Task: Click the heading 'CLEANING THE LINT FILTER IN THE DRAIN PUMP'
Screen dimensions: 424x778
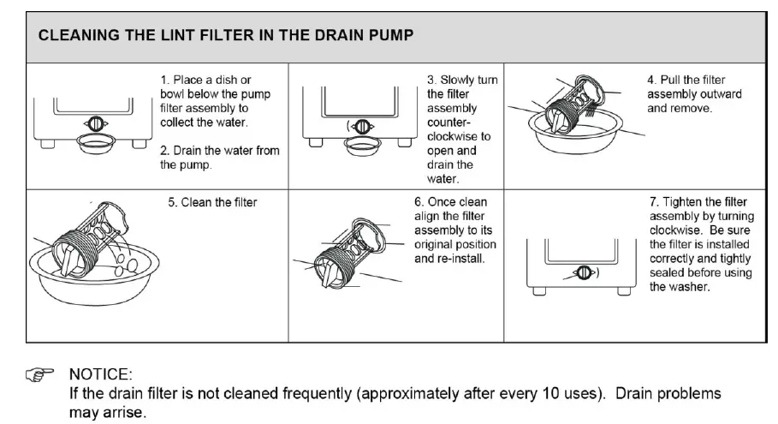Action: (x=227, y=36)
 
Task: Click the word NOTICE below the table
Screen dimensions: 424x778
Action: (x=101, y=374)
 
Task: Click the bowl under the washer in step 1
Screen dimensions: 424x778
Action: (x=98, y=141)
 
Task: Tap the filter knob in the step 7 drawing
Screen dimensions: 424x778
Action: (x=582, y=273)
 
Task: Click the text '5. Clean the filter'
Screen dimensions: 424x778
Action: (x=211, y=203)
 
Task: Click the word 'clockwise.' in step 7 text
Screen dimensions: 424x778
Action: (x=678, y=230)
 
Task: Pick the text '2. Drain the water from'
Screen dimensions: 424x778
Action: (x=220, y=151)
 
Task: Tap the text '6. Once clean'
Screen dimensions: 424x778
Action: (x=450, y=203)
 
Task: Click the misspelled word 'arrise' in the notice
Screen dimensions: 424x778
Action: (x=127, y=412)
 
